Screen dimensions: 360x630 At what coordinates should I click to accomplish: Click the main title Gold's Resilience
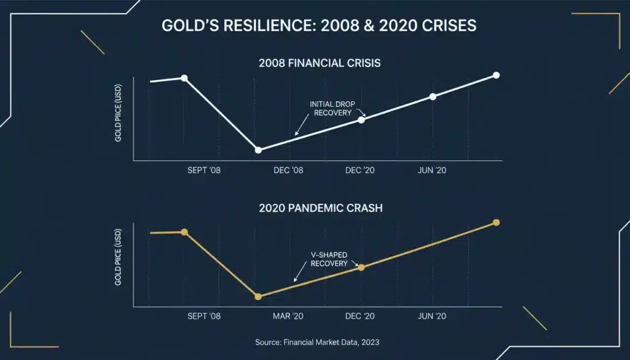tap(319, 26)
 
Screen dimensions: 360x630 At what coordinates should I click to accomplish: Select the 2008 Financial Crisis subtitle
tap(320, 63)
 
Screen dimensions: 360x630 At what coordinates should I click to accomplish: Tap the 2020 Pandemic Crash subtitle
tap(320, 208)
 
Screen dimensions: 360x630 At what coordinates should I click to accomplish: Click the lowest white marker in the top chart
tap(258, 150)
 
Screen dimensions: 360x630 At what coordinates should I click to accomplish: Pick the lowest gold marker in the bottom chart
tap(258, 296)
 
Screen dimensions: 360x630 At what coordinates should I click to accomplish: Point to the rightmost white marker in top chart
tap(496, 76)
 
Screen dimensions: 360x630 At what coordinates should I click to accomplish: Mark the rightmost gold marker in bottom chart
tap(496, 222)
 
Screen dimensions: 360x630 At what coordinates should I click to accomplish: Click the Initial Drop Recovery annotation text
tap(332, 108)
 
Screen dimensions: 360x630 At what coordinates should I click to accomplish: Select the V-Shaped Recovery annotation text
tap(329, 259)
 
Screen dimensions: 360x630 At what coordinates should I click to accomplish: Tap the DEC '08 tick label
tap(289, 171)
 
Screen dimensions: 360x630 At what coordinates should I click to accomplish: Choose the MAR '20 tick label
tap(288, 317)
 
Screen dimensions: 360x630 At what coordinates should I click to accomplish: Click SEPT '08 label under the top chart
tap(204, 171)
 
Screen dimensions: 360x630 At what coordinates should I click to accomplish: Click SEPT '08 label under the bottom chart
tap(204, 317)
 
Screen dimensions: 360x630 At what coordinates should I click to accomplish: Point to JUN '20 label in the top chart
tap(432, 171)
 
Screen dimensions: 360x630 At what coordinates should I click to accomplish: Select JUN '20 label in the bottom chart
tap(432, 317)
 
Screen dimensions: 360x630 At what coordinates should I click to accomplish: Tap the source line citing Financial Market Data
tap(317, 342)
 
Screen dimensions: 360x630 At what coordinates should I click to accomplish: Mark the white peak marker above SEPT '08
tap(184, 78)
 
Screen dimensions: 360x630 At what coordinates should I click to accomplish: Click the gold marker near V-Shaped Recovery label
tap(361, 267)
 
